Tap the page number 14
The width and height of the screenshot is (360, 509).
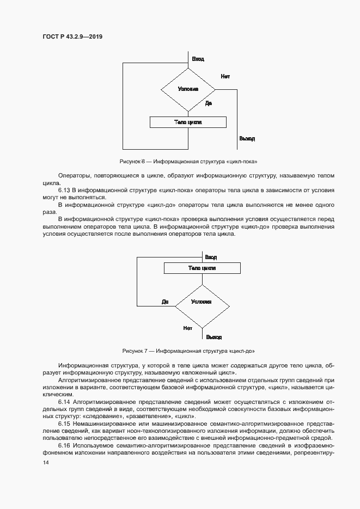coord(46,462)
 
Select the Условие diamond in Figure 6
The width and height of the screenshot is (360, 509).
coord(188,89)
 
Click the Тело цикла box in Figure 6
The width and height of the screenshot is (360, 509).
coord(188,122)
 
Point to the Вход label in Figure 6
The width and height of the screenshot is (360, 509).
coord(198,59)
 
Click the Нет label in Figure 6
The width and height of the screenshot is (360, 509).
coord(225,76)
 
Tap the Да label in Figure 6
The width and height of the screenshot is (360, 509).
coord(209,103)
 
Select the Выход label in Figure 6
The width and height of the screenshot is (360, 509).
coord(247,139)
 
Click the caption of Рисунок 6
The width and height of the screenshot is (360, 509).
coord(188,162)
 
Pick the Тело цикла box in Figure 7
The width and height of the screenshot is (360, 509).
coord(202,268)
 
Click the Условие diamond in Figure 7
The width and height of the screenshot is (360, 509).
coord(202,302)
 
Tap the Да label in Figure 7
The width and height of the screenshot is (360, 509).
coord(165,302)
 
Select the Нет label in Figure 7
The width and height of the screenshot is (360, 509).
coord(188,328)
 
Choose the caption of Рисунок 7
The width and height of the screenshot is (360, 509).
coord(188,351)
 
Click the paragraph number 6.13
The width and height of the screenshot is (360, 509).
coord(65,190)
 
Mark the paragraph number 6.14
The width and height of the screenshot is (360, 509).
coord(65,402)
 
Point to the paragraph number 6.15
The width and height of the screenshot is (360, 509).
coord(65,423)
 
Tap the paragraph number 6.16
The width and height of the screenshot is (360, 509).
coord(65,445)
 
